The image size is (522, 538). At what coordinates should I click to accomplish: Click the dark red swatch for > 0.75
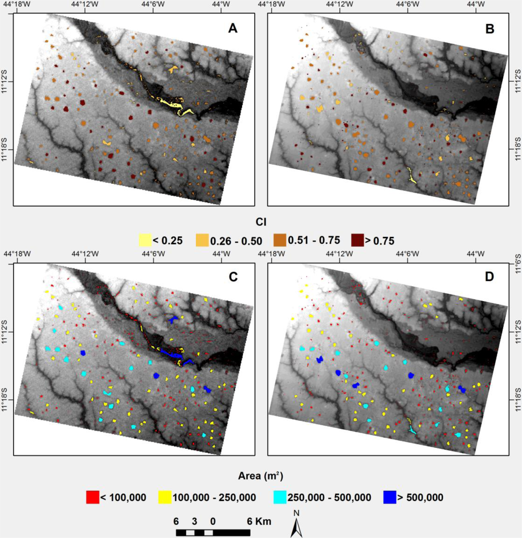(357, 240)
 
